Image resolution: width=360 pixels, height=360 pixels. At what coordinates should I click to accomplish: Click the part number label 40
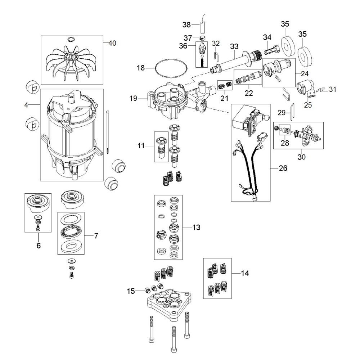point(112,43)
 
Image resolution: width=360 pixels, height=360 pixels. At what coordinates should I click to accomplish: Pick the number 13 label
point(196,228)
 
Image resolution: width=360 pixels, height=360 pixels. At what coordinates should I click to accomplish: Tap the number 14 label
point(245,273)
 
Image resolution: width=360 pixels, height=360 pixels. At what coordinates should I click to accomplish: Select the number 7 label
point(96,236)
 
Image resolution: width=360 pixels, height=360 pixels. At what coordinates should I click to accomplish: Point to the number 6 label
point(39,246)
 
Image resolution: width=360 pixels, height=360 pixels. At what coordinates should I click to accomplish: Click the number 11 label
point(141,146)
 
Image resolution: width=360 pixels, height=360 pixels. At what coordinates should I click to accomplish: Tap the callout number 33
point(234,46)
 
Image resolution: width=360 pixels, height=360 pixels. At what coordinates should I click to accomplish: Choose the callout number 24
point(305,73)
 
